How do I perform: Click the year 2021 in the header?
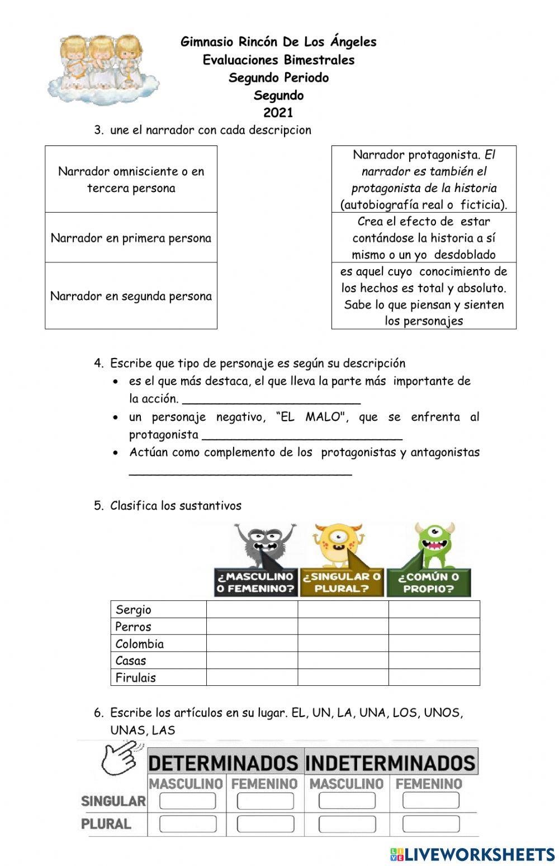click(x=278, y=112)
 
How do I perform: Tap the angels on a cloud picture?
click(x=103, y=69)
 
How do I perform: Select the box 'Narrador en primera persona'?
click(x=131, y=238)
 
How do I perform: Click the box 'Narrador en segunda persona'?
click(x=131, y=296)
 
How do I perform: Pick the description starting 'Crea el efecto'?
click(x=424, y=238)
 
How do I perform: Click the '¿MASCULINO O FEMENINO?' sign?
click(x=255, y=582)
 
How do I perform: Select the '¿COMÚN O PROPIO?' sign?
click(x=429, y=582)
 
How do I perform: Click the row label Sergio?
click(x=134, y=610)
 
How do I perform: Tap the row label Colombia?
click(x=140, y=644)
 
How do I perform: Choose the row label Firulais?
click(x=136, y=677)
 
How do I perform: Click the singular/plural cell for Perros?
click(x=343, y=627)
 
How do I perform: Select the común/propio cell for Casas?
click(x=434, y=661)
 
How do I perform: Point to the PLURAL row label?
click(x=106, y=824)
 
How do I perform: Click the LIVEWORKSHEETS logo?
click(x=472, y=854)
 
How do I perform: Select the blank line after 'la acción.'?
click(x=272, y=400)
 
